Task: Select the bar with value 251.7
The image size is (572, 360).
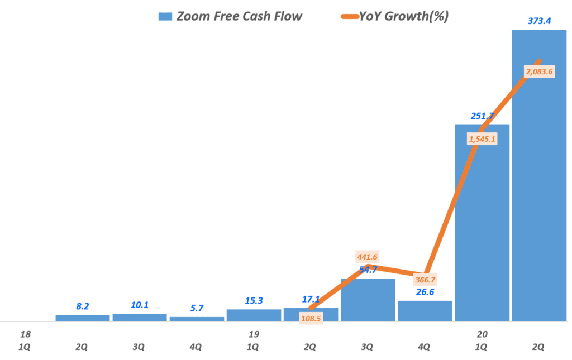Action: pyautogui.click(x=482, y=223)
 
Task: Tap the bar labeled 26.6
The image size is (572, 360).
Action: pyautogui.click(x=425, y=311)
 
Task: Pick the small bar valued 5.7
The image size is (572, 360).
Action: pyautogui.click(x=197, y=319)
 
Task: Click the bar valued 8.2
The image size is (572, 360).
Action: pyautogui.click(x=82, y=318)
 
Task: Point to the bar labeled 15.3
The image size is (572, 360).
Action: pyautogui.click(x=254, y=315)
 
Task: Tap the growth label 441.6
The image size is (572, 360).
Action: pyautogui.click(x=368, y=257)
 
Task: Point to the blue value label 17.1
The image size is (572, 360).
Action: pyautogui.click(x=311, y=299)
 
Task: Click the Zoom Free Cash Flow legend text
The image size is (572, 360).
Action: pyautogui.click(x=239, y=16)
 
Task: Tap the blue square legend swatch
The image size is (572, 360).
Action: pyautogui.click(x=165, y=16)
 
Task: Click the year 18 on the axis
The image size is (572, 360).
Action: pyautogui.click(x=24, y=334)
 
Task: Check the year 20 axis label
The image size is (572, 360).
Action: pyautogui.click(x=481, y=334)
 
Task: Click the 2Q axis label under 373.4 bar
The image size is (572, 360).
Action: pyautogui.click(x=538, y=347)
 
